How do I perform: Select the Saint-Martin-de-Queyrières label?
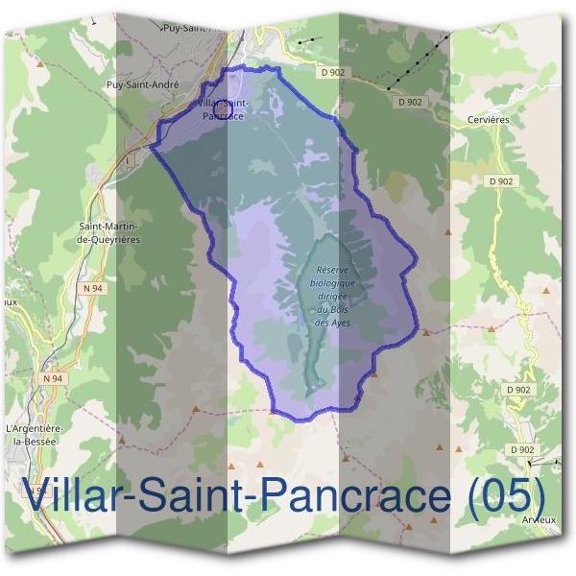[109, 233]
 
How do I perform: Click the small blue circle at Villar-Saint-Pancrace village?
[221, 108]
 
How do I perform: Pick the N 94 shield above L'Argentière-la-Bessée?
[53, 378]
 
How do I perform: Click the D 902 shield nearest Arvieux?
[521, 449]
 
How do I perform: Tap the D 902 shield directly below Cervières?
[500, 180]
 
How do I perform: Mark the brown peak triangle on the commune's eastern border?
[425, 331]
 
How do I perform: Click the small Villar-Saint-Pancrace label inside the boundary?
[224, 108]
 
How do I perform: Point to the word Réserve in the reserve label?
[332, 272]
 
